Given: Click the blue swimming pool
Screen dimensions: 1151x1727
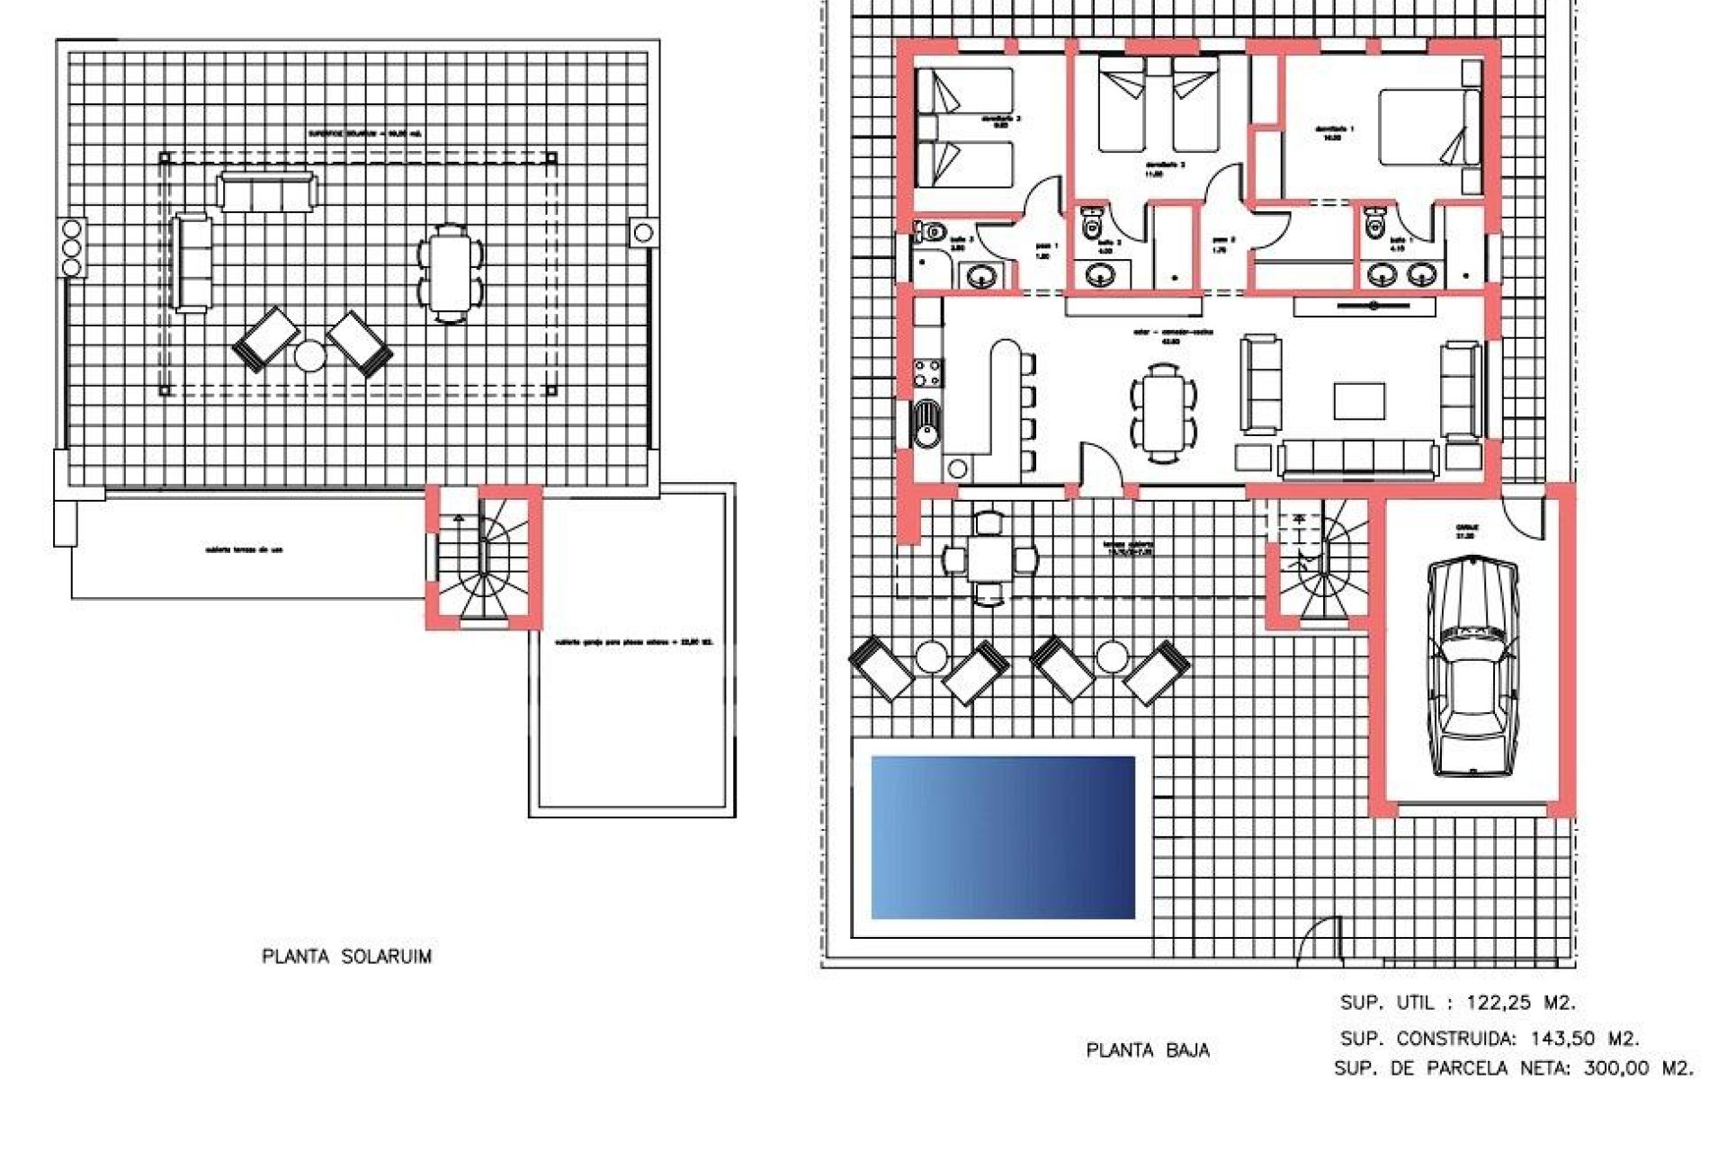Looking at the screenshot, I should tap(1003, 837).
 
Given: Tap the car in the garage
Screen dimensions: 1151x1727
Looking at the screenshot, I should tap(1472, 665).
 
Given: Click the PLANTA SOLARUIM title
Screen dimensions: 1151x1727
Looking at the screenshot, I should tap(346, 957).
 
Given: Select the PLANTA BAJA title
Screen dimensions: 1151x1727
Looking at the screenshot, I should tap(1148, 1050).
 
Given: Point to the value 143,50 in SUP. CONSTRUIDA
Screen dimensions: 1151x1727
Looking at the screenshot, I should tap(1563, 1039).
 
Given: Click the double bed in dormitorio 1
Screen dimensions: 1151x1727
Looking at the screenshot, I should tap(1428, 127).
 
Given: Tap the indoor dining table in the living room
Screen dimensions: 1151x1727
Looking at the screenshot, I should tap(1163, 413).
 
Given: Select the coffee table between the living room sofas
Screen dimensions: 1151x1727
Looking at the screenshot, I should tap(1359, 401).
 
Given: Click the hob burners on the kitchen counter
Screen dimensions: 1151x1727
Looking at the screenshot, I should tap(927, 372).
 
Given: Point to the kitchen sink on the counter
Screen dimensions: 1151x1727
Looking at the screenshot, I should tap(926, 424).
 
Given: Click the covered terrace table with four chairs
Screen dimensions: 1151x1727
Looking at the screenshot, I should tap(989, 559).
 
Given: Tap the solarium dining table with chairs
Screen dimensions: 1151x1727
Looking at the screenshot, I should tap(449, 270).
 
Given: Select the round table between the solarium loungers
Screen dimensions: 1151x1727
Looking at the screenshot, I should tap(310, 356).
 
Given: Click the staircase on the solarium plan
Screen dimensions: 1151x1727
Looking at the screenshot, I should tap(484, 558).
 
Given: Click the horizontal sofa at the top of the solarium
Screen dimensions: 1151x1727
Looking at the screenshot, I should tap(267, 192).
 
